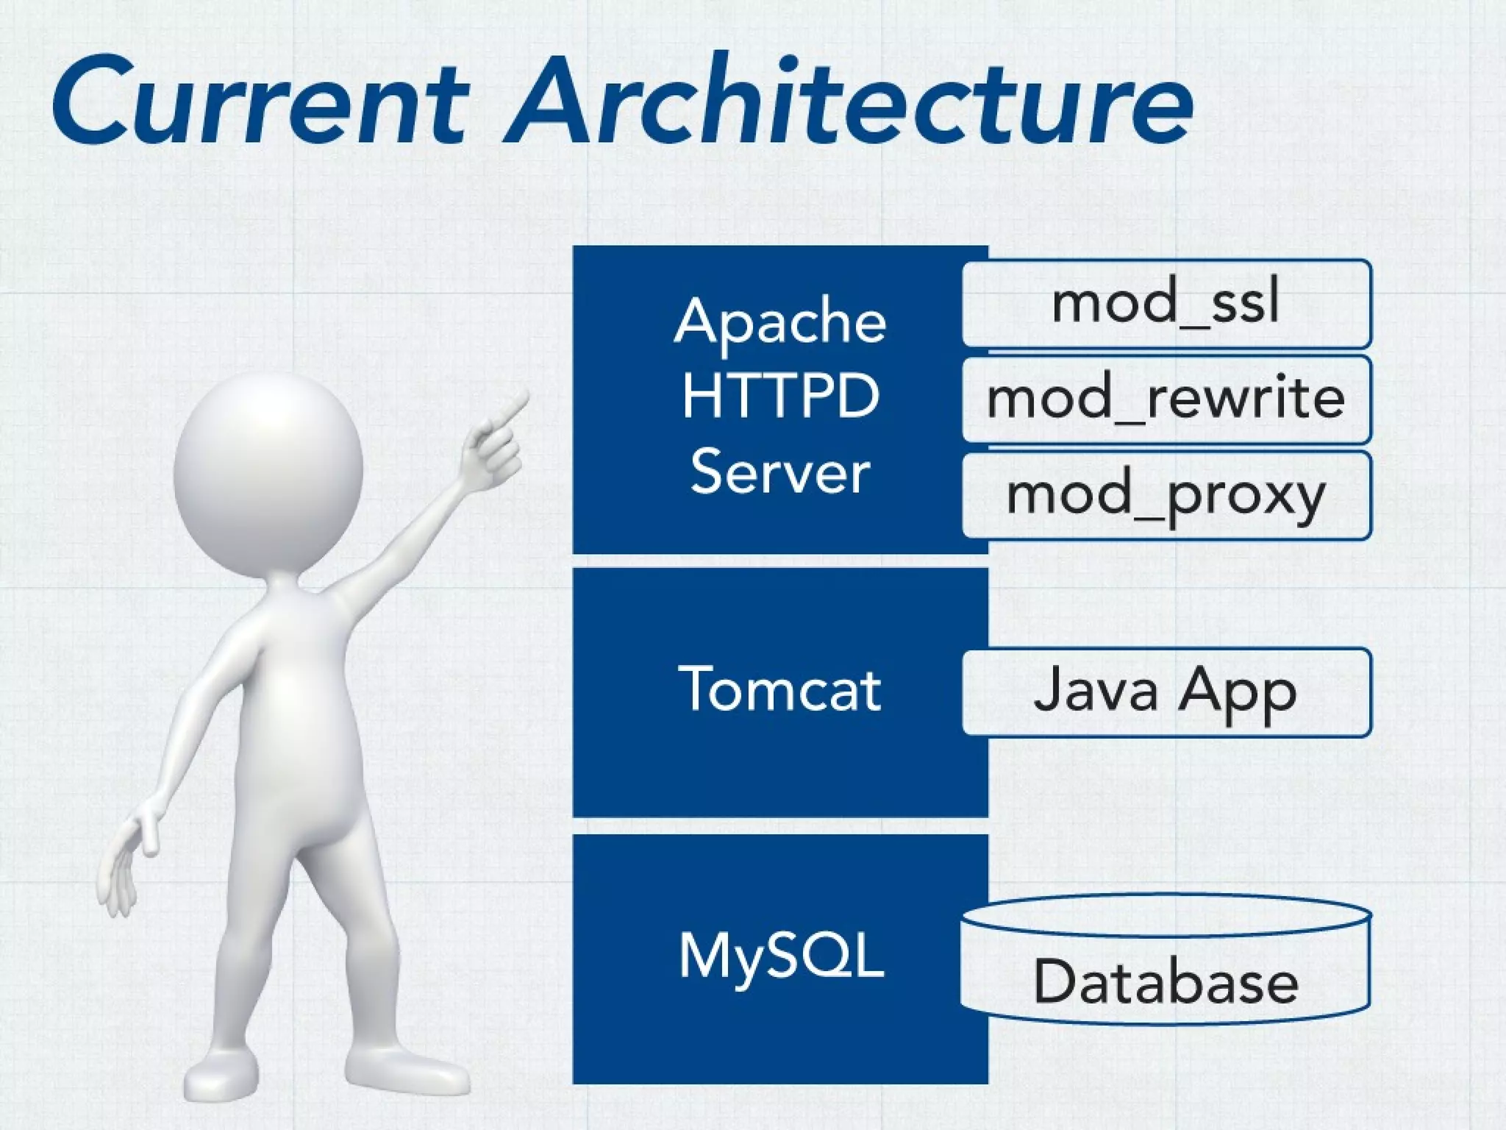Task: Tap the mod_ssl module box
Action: pyautogui.click(x=1166, y=303)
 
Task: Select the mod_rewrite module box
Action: pyautogui.click(x=1166, y=399)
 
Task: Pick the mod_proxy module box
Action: pyautogui.click(x=1166, y=495)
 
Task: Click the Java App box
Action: pyautogui.click(x=1166, y=692)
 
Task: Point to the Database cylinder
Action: pyautogui.click(x=1165, y=960)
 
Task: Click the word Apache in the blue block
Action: pyautogui.click(x=780, y=321)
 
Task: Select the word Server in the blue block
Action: pyautogui.click(x=780, y=472)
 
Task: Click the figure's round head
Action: pyautogui.click(x=268, y=471)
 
